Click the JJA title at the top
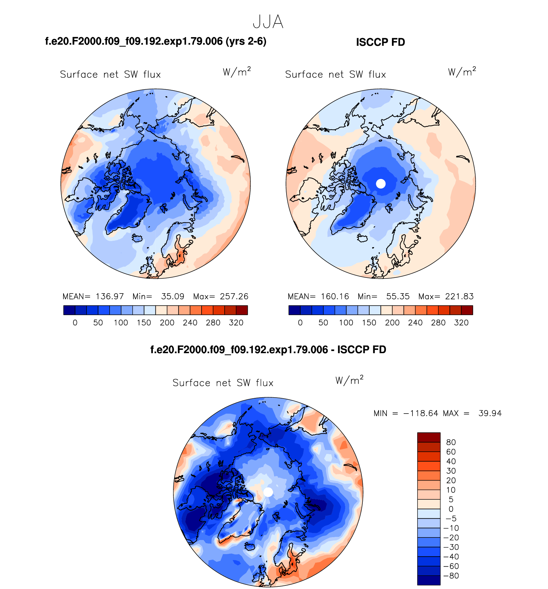[268, 22]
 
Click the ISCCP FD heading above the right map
[380, 42]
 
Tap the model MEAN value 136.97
[110, 296]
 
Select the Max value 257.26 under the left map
[234, 296]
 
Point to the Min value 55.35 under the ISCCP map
[398, 296]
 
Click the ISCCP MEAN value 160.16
[335, 296]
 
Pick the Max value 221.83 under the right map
[459, 296]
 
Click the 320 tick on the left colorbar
[236, 323]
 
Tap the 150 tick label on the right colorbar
[369, 323]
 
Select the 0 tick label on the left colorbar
[75, 323]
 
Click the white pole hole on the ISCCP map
[381, 184]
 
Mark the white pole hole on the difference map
[268, 492]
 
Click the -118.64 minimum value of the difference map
[420, 413]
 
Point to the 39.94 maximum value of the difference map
[490, 413]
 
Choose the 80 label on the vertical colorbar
[451, 442]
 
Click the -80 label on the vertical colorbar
[451, 576]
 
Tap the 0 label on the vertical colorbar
[451, 509]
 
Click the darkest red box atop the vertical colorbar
[429, 437]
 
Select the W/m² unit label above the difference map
[349, 380]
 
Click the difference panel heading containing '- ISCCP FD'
[268, 350]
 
